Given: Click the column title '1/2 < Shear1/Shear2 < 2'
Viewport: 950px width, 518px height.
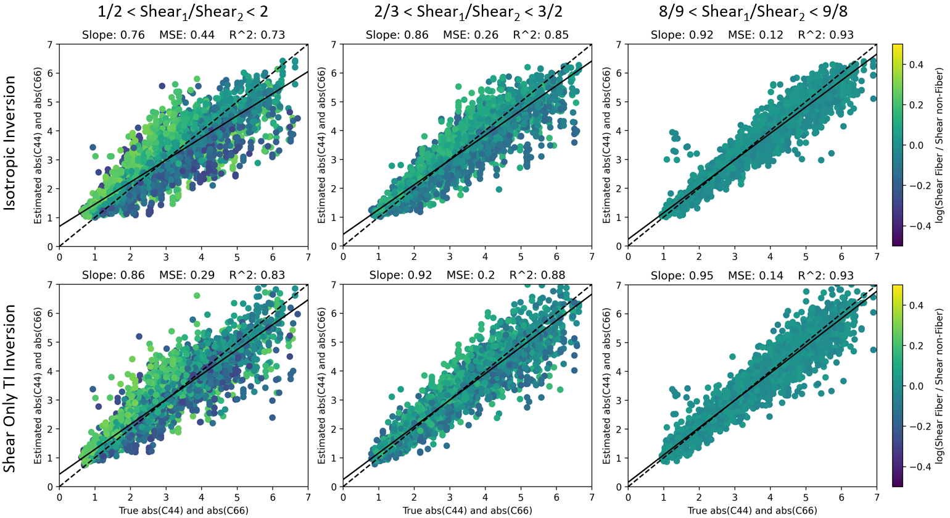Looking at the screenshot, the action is click(x=183, y=12).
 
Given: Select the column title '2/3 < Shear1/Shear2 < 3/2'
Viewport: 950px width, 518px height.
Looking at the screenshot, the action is click(x=468, y=12).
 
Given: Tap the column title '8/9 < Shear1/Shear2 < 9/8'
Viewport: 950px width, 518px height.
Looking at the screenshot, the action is click(x=753, y=12).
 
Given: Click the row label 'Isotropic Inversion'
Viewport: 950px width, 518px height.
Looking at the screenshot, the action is click(x=10, y=143).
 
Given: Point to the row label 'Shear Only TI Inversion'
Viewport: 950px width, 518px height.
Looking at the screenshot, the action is click(x=10, y=388).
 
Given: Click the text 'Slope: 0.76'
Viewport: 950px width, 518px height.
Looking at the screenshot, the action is click(x=114, y=35).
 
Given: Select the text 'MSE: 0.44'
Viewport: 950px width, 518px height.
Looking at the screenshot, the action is click(x=187, y=35).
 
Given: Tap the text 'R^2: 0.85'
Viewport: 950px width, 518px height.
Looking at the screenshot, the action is click(x=541, y=35).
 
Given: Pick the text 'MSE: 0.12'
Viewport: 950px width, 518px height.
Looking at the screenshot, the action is click(x=756, y=35).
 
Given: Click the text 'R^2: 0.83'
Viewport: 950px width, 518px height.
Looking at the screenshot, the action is click(x=257, y=275).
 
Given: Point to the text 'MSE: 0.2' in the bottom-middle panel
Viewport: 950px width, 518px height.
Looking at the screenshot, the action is click(x=471, y=275).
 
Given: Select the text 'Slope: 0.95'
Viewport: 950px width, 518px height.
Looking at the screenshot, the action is click(x=682, y=275).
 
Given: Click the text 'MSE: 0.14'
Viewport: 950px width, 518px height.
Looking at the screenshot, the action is click(x=756, y=275).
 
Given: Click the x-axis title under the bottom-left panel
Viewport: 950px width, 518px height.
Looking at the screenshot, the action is click(x=184, y=511).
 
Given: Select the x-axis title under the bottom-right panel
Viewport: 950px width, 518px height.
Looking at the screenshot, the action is click(x=753, y=511).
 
